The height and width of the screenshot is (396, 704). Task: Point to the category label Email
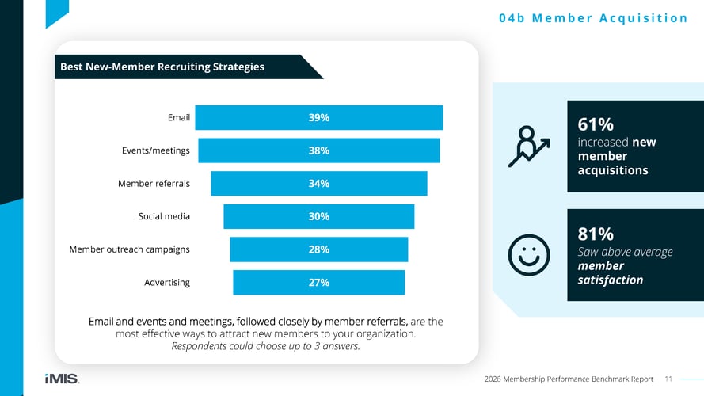pyautogui.click(x=178, y=118)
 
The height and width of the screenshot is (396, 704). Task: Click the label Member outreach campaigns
pyautogui.click(x=129, y=249)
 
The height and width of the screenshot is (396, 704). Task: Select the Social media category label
pyautogui.click(x=164, y=216)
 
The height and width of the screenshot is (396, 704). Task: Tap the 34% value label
pyautogui.click(x=319, y=184)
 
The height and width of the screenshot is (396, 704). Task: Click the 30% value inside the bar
pyautogui.click(x=319, y=216)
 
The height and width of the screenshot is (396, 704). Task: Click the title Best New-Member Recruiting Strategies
pyautogui.click(x=162, y=67)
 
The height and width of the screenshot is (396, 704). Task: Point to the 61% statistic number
pyautogui.click(x=596, y=124)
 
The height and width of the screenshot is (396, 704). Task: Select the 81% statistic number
pyautogui.click(x=596, y=234)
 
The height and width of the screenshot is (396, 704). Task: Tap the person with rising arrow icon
pyautogui.click(x=528, y=147)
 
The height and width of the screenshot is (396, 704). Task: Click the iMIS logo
pyautogui.click(x=62, y=379)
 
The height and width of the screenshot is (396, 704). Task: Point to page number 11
pyautogui.click(x=668, y=379)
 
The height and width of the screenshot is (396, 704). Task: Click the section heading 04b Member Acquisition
pyautogui.click(x=593, y=18)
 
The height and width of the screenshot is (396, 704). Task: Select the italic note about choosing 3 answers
pyautogui.click(x=265, y=347)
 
